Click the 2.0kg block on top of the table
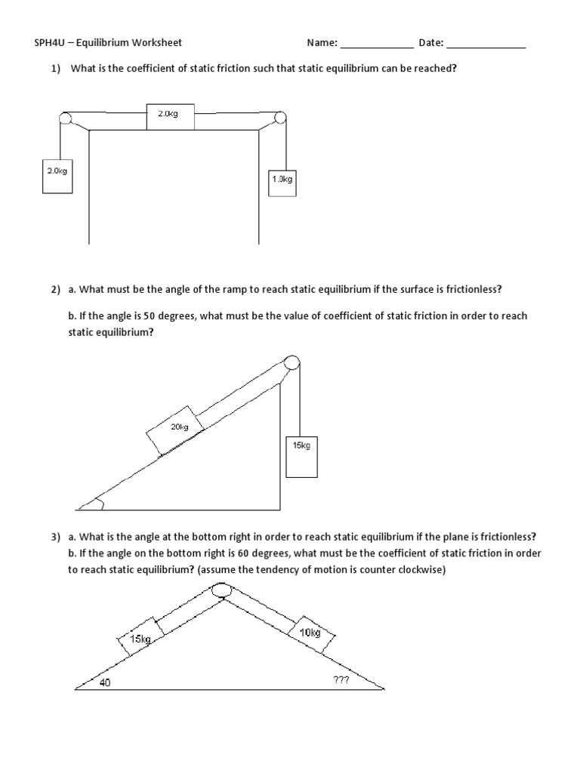[x=171, y=116]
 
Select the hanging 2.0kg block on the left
[x=57, y=175]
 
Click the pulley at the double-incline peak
[x=221, y=591]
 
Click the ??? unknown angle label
[x=340, y=680]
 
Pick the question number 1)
[x=57, y=69]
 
